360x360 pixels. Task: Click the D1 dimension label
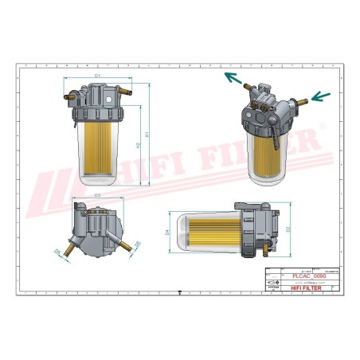(x=97, y=75)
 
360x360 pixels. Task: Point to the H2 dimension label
(x=137, y=146)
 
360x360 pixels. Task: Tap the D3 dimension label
(x=97, y=194)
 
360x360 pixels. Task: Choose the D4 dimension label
(x=167, y=233)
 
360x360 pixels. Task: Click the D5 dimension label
(x=137, y=244)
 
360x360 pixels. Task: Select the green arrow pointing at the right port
(x=319, y=97)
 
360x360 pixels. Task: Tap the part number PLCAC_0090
(x=295, y=276)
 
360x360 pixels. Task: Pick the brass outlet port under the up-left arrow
(x=249, y=86)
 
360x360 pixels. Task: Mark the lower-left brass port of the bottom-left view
(x=68, y=253)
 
